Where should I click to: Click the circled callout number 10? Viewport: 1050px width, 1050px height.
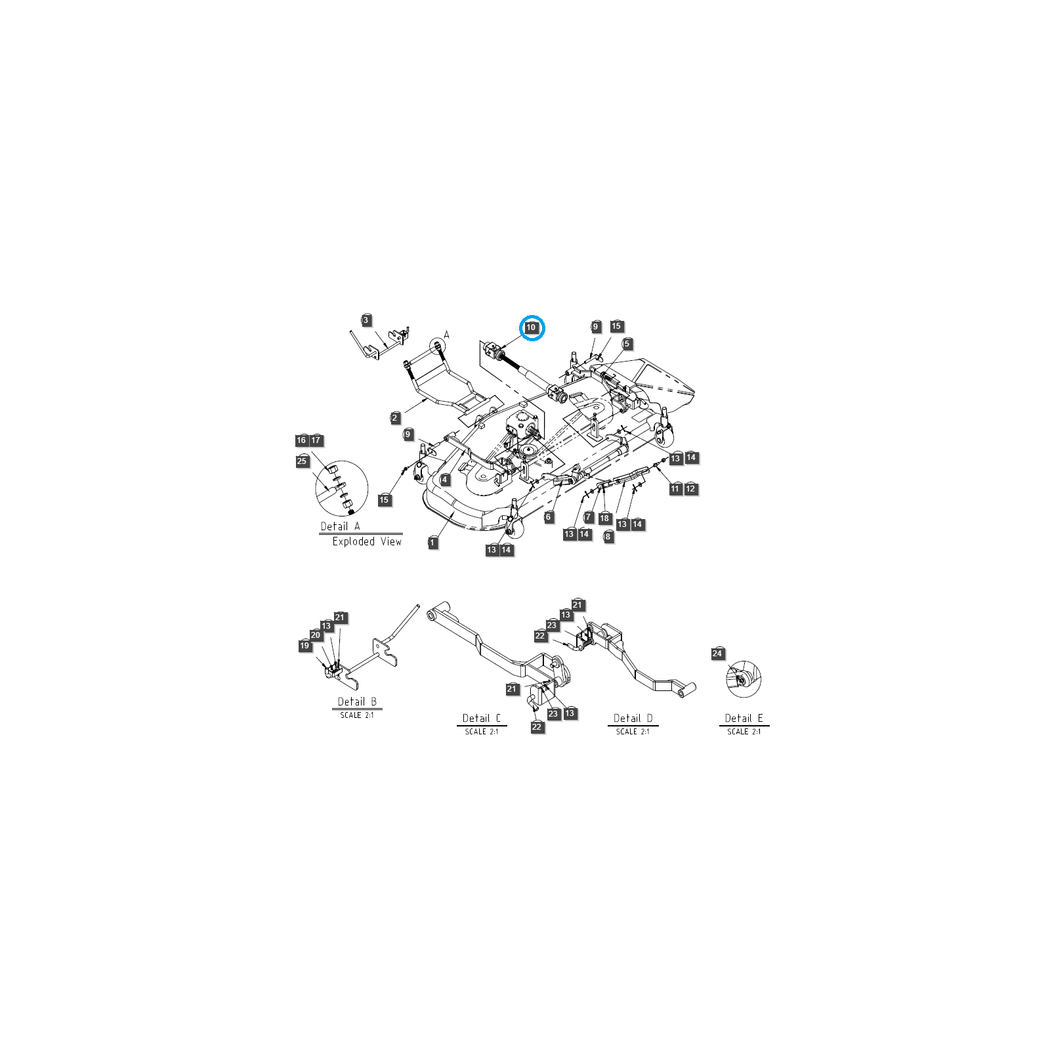click(x=532, y=327)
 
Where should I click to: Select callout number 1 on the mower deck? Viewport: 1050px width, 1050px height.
click(x=433, y=543)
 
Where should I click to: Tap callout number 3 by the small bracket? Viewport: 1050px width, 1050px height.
click(x=367, y=320)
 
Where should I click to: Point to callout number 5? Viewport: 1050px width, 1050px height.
click(x=627, y=344)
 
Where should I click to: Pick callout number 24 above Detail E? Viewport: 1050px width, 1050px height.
click(x=717, y=654)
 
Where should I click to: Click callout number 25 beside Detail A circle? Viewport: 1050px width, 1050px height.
click(x=302, y=461)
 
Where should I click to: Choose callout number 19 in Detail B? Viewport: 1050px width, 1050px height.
click(x=304, y=646)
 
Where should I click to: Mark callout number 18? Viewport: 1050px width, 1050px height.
click(x=605, y=518)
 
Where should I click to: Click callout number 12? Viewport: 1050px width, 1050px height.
click(x=690, y=489)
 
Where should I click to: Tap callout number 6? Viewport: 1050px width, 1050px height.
click(x=549, y=517)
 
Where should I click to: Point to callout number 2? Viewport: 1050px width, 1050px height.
click(x=395, y=418)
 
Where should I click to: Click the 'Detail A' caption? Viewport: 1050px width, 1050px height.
click(x=340, y=526)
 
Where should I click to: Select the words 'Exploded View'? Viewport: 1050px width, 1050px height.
click(x=367, y=541)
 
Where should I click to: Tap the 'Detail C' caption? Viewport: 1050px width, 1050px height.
click(x=482, y=719)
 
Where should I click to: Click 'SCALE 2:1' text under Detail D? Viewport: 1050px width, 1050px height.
click(x=633, y=732)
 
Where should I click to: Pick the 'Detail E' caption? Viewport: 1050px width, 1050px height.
click(x=744, y=719)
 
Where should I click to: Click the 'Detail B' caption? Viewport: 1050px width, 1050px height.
click(x=357, y=702)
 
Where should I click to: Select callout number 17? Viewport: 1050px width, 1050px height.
click(x=316, y=440)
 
